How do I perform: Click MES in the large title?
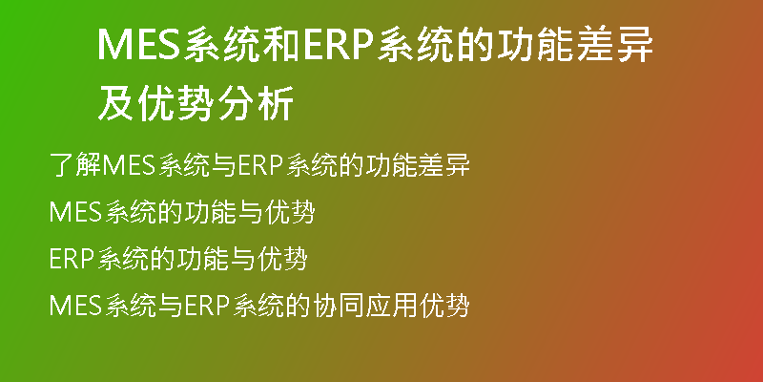tap(139, 44)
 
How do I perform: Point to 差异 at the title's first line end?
tap(614, 45)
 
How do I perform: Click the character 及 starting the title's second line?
tap(115, 103)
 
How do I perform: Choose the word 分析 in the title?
tap(255, 103)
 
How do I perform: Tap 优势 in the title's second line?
tap(175, 103)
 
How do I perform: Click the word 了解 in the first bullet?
tap(75, 164)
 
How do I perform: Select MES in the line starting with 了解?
tap(128, 164)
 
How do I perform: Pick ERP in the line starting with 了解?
tap(260, 164)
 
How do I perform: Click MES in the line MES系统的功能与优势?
tap(75, 212)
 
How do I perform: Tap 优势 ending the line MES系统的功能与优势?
tap(291, 212)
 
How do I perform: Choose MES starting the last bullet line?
tap(75, 306)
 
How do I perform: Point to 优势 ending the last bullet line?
tap(443, 306)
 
